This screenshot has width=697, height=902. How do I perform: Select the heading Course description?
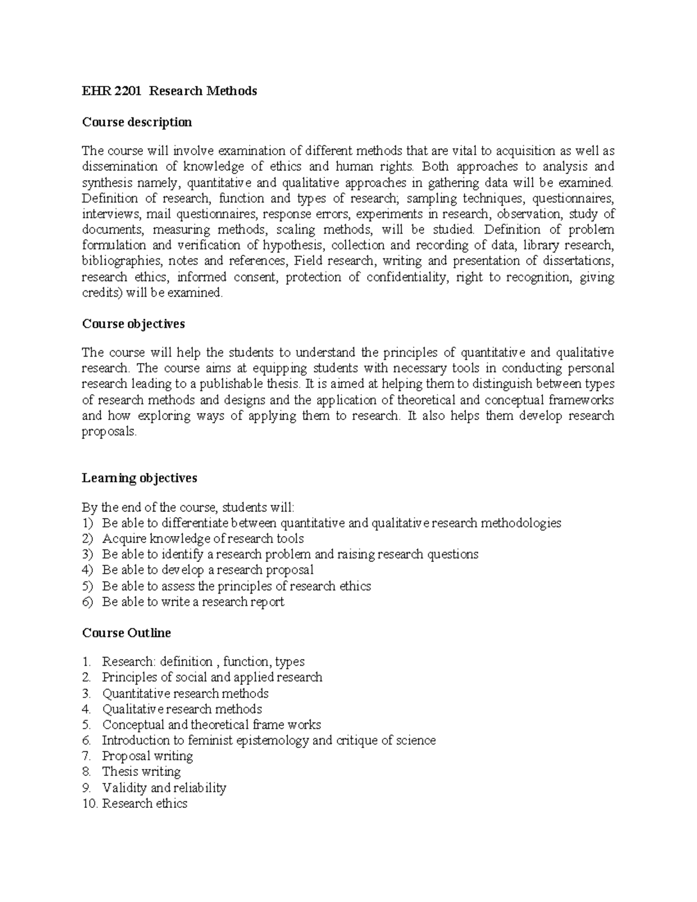(x=136, y=122)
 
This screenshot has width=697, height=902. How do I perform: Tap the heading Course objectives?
(x=133, y=324)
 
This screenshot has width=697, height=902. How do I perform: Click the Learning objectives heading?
(x=139, y=477)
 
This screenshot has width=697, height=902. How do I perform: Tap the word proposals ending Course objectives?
(x=109, y=432)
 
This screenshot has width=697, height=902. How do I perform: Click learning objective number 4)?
(x=87, y=570)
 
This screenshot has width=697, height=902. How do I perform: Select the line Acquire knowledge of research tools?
(x=203, y=538)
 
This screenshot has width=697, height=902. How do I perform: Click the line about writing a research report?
(x=193, y=602)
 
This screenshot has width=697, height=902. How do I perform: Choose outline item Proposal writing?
(x=147, y=756)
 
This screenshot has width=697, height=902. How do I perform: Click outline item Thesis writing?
(x=141, y=771)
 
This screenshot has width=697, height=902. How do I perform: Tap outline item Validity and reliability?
(x=164, y=788)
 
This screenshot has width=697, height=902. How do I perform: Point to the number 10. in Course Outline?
(x=90, y=803)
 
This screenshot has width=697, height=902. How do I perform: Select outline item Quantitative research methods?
(x=185, y=693)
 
